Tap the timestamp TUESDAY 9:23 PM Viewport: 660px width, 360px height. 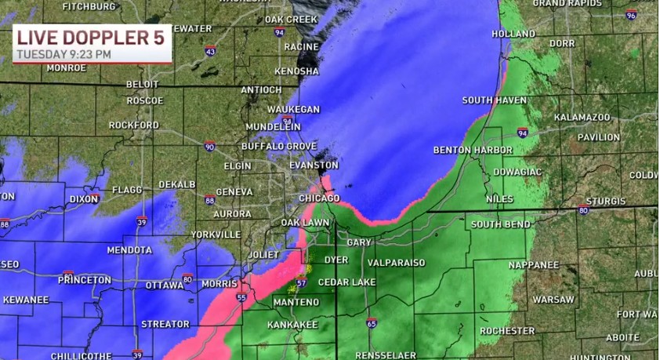(x=64, y=54)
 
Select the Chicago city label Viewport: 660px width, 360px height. (x=319, y=198)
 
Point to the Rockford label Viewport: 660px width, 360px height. (x=133, y=125)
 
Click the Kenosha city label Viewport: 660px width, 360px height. (x=297, y=71)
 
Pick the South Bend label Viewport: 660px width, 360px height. (x=500, y=224)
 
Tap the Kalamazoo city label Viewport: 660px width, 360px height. (x=582, y=117)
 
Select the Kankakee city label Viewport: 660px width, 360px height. (x=292, y=324)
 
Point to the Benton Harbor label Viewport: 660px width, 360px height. (x=473, y=150)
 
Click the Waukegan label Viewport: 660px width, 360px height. (x=293, y=109)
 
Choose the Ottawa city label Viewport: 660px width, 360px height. (x=165, y=285)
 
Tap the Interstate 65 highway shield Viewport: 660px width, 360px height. (x=371, y=322)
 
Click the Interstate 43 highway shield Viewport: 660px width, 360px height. (x=210, y=52)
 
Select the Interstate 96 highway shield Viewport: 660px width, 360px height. (x=631, y=15)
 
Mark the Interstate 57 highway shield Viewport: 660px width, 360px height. (x=301, y=282)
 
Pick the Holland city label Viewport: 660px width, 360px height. (x=513, y=34)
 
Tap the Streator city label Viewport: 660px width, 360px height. (x=165, y=324)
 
